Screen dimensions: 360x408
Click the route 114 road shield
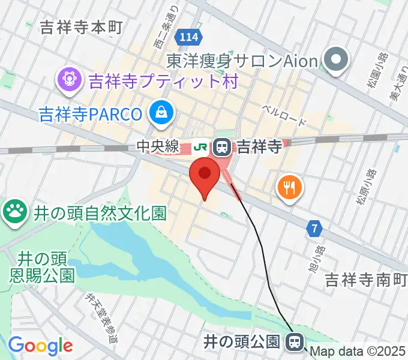(187, 38)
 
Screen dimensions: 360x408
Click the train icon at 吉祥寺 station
(223, 145)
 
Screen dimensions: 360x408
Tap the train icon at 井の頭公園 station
(294, 343)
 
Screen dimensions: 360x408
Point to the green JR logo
(202, 145)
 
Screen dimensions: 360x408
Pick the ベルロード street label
(284, 115)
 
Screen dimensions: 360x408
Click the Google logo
(40, 346)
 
